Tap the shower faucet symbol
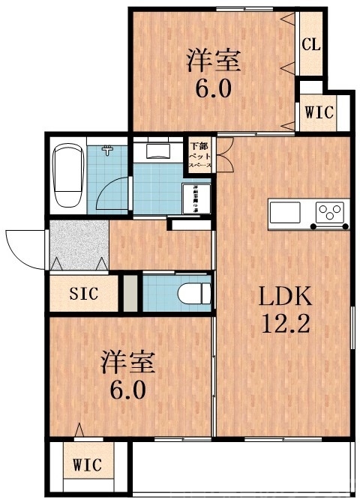click(x=109, y=151)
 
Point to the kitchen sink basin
click(x=285, y=213)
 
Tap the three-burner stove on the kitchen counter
click(x=330, y=214)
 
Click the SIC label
click(x=83, y=294)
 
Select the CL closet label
click(x=311, y=43)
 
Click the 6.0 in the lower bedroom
click(x=128, y=390)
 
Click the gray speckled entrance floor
click(x=78, y=244)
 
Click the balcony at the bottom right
click(x=241, y=466)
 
